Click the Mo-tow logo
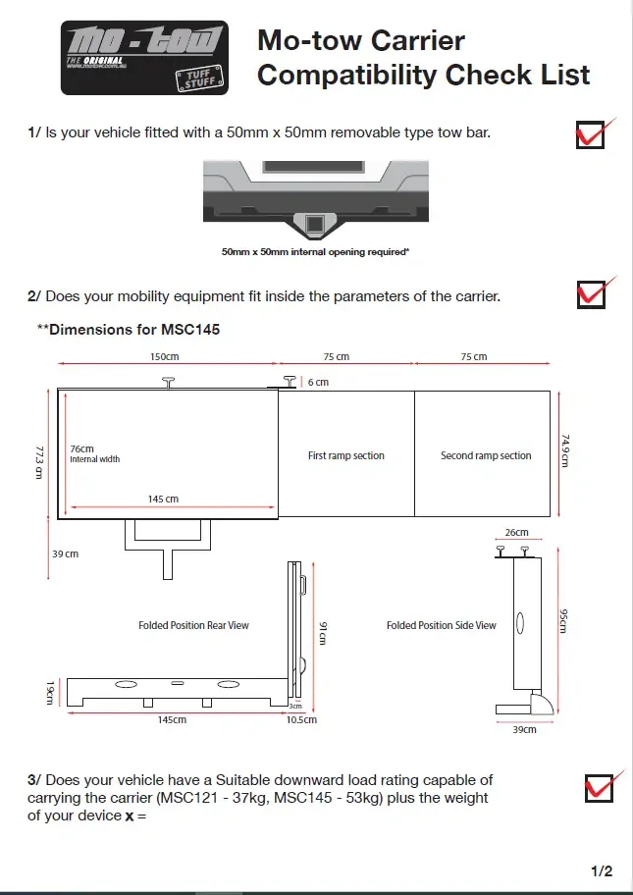pyautogui.click(x=144, y=58)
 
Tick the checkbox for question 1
pyautogui.click(x=591, y=134)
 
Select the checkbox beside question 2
pyautogui.click(x=591, y=293)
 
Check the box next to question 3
pyautogui.click(x=597, y=787)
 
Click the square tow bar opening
pyautogui.click(x=316, y=226)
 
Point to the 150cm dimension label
pyautogui.click(x=165, y=357)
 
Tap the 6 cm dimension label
pyautogui.click(x=317, y=381)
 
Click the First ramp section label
pyautogui.click(x=346, y=455)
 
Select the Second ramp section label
pyautogui.click(x=486, y=455)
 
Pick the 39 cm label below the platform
pyautogui.click(x=65, y=554)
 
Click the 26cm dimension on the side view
pyautogui.click(x=516, y=533)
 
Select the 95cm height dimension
pyautogui.click(x=562, y=621)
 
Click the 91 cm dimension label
pyautogui.click(x=322, y=634)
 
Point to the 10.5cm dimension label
pyautogui.click(x=300, y=720)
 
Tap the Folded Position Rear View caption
pyautogui.click(x=193, y=625)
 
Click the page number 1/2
pyautogui.click(x=602, y=870)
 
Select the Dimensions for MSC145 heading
pyautogui.click(x=129, y=330)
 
